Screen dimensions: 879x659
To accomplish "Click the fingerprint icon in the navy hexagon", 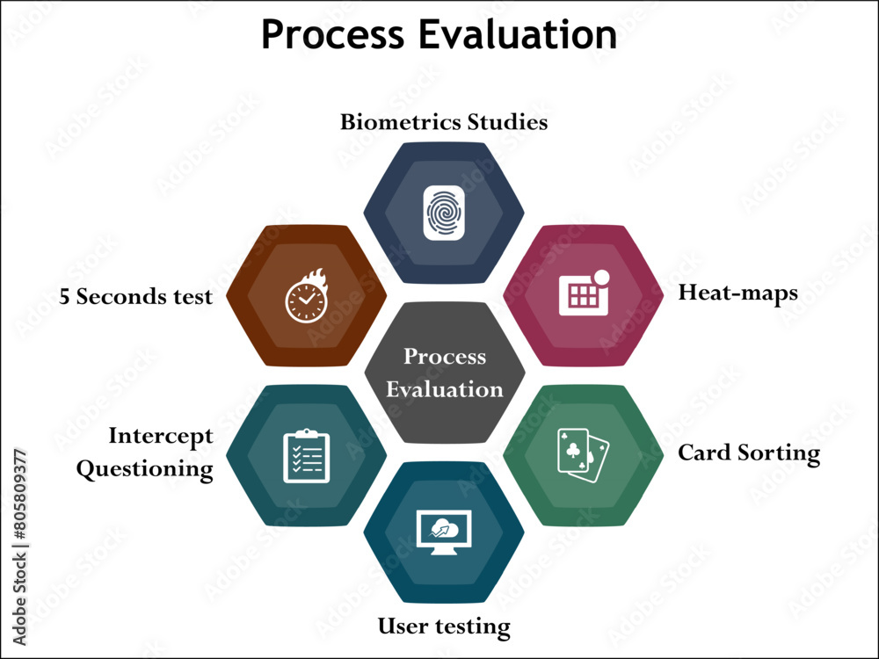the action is tap(444, 214).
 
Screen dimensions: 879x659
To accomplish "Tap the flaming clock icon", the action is tap(307, 295).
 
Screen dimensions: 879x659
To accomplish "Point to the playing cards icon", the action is tap(583, 455).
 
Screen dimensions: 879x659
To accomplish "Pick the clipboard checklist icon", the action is tap(307, 455).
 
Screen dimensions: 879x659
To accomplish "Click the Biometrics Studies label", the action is tap(444, 122).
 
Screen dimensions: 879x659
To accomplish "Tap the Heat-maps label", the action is tap(738, 293).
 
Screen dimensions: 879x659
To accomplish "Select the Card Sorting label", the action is tap(749, 453).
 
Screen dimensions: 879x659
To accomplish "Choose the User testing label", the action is tap(444, 626).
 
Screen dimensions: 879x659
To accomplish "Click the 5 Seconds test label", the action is tap(135, 296).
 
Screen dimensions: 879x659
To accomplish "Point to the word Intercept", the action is tap(161, 436).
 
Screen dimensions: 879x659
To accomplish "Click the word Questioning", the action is tap(145, 469).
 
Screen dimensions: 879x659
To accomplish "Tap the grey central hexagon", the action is tap(445, 373).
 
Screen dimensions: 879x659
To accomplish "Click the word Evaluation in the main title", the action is tap(518, 34).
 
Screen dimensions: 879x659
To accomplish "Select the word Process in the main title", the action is tap(332, 34).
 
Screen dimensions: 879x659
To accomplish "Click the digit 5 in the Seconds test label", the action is tap(64, 296).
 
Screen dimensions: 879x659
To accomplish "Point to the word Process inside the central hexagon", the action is tap(445, 357).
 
